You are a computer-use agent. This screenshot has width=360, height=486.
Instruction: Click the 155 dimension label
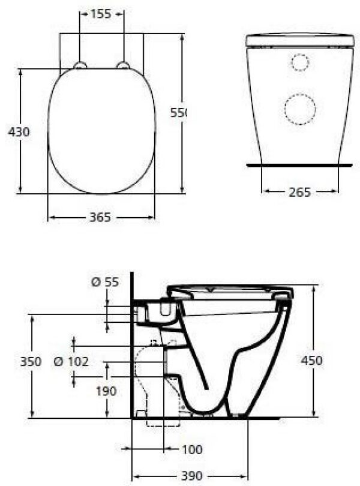tap(101, 14)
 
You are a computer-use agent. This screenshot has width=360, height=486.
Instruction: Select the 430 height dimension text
tap(19, 131)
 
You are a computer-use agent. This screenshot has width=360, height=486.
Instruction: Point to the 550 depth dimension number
tap(179, 112)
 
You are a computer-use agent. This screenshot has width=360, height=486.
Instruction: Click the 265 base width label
tap(299, 192)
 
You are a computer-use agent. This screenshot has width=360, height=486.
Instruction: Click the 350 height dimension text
tap(31, 361)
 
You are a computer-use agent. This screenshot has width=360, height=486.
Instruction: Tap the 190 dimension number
tap(106, 391)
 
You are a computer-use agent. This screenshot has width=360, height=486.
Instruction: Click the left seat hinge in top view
tap(80, 65)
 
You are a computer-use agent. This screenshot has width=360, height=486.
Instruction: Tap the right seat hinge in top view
tap(123, 65)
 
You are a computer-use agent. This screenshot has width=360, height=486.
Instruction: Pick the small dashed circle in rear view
tap(299, 62)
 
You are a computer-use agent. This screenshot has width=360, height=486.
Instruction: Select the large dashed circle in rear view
tap(299, 109)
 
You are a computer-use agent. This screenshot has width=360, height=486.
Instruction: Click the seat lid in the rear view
tap(299, 40)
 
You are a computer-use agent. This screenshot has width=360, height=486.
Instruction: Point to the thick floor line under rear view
tap(299, 164)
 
